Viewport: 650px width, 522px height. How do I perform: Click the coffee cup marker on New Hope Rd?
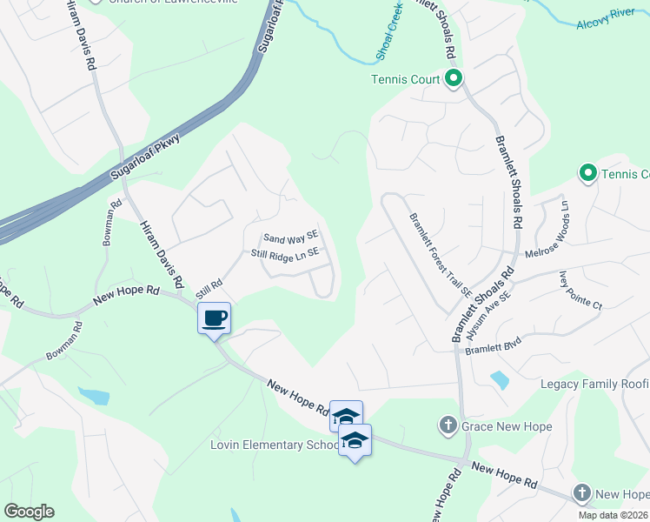coord(215,318)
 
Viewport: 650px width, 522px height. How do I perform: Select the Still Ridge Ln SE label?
coord(286,253)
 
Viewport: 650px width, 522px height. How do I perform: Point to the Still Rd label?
coord(209,284)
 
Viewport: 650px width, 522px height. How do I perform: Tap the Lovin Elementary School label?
coord(274,445)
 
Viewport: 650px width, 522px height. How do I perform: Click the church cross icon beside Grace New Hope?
coord(448,425)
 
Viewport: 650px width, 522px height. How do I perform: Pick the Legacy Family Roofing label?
coord(594,384)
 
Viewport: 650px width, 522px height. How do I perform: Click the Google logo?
coord(29,512)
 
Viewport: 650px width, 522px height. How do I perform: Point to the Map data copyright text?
coord(614,515)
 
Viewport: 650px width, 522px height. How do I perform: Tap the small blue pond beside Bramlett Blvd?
coord(499,379)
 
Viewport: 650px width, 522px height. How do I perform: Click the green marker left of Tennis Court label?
coord(453,79)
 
